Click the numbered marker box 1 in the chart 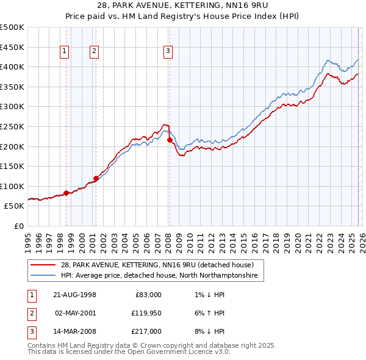point(65,52)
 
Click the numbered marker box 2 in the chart point(95,52)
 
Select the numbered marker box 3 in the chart point(168,52)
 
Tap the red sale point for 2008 point(170,140)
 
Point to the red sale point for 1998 point(66,193)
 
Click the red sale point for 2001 point(96,178)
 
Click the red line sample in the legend point(44,265)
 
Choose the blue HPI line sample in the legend point(44,276)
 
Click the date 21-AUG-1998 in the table point(74,295)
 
